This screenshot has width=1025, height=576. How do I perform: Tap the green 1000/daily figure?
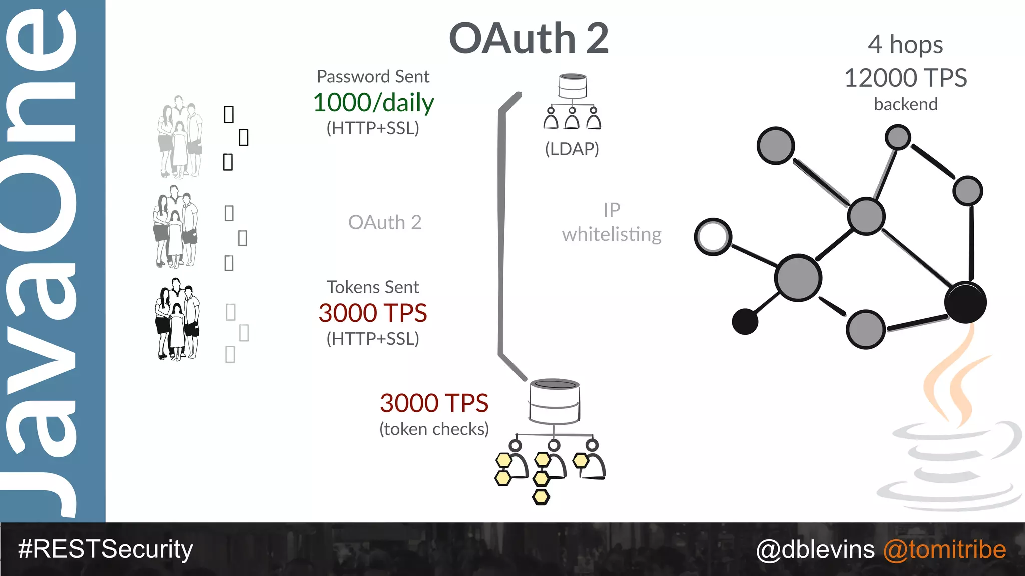[x=373, y=103]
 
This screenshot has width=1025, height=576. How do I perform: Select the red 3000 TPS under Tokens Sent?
[x=373, y=313]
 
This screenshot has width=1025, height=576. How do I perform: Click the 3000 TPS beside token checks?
[x=434, y=403]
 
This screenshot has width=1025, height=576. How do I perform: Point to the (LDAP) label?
[x=572, y=149]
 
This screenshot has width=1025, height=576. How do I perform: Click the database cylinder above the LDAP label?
[x=573, y=86]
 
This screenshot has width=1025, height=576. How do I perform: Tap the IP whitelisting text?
[x=612, y=222]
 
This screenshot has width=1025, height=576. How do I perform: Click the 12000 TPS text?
[x=905, y=78]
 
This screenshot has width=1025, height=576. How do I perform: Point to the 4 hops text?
[x=905, y=45]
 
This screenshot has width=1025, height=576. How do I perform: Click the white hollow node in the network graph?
[x=713, y=237]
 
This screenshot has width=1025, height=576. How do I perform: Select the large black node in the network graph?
[x=965, y=302]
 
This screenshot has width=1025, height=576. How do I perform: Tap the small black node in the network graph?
[x=745, y=321]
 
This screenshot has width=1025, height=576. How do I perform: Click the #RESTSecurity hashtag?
[x=105, y=549]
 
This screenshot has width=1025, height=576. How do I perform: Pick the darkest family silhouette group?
[x=177, y=320]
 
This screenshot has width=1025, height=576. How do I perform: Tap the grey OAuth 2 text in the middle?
[x=385, y=222]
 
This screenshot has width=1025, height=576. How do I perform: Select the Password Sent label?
[x=373, y=77]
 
